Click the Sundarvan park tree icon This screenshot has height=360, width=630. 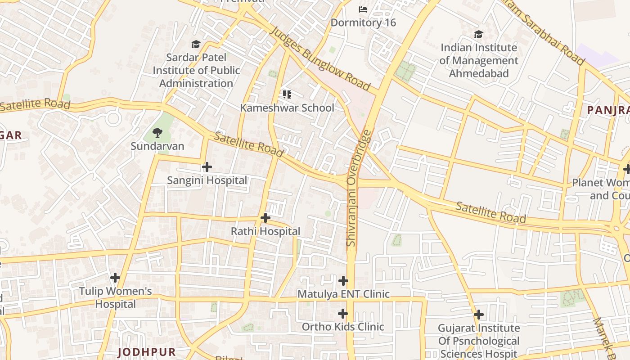(157, 133)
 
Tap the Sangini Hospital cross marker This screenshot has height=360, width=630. (207, 167)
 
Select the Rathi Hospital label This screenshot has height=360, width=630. (265, 231)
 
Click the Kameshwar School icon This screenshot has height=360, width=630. (287, 94)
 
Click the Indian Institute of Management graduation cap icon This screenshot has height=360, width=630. (478, 35)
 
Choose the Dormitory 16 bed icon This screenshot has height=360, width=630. (363, 9)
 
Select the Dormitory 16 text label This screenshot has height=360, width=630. (363, 22)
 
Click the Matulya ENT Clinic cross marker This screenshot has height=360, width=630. (343, 281)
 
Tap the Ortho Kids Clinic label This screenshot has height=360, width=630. (343, 327)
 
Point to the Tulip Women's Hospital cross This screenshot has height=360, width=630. (115, 277)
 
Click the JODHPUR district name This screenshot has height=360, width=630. (147, 352)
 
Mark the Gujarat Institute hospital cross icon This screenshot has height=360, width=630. (479, 314)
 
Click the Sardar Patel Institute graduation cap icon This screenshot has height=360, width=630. (196, 44)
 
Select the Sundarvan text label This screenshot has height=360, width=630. (157, 146)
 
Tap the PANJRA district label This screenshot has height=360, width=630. (608, 110)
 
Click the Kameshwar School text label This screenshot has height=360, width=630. (287, 108)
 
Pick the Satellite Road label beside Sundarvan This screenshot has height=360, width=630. (248, 144)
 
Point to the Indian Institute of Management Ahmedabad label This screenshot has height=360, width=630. (479, 60)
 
